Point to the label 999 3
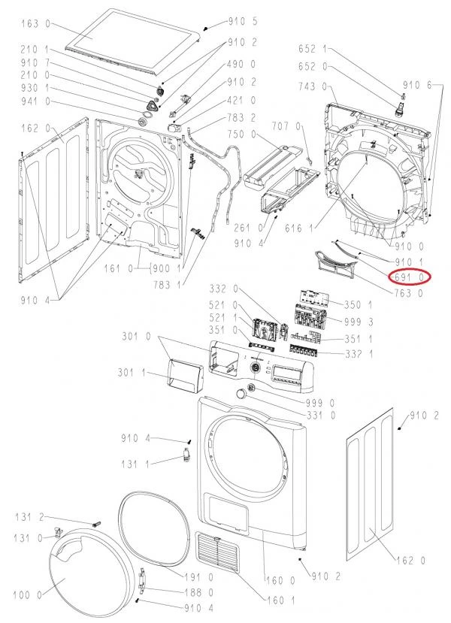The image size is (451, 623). click(x=362, y=322)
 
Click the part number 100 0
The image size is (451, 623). click(x=29, y=595)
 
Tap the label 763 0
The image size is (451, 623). click(x=409, y=294)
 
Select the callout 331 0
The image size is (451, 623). click(x=321, y=416)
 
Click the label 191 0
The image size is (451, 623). click(x=199, y=576)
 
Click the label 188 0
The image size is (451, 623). click(x=200, y=593)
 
